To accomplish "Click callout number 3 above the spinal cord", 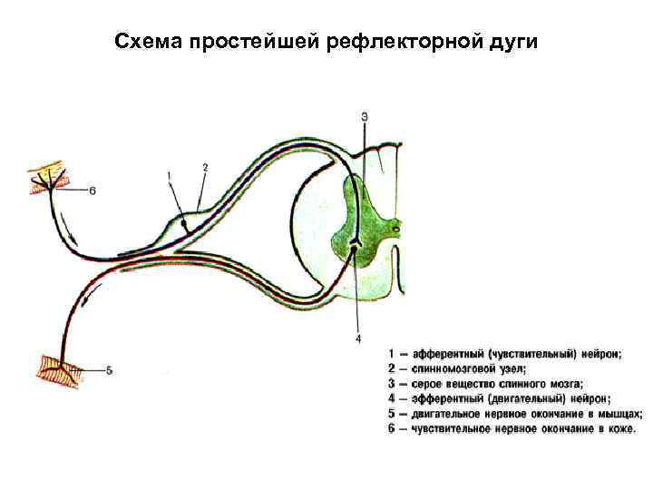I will coord(365,116).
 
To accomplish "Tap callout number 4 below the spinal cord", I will coord(358,338).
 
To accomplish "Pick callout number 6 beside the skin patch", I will coord(93,190).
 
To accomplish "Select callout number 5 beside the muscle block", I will coord(109,369).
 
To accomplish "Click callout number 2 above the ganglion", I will coord(206,167).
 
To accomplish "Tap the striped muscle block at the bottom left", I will coord(59,368).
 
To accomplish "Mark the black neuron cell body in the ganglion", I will coord(183,221).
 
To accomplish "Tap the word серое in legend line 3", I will coord(429,383).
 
